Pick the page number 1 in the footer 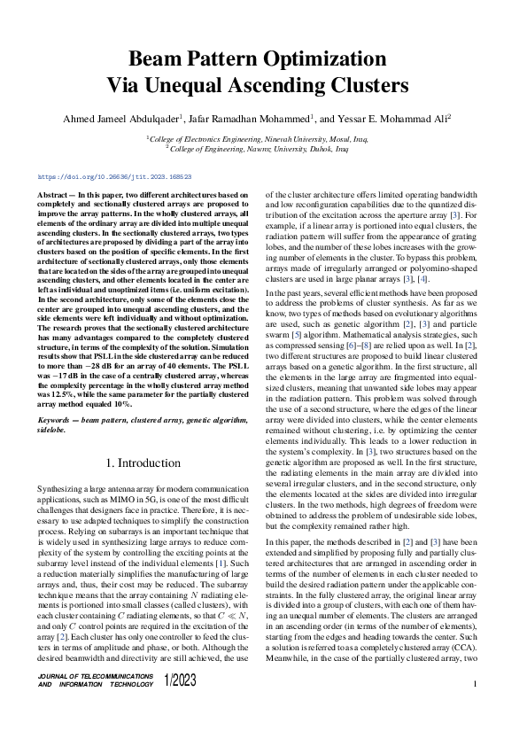tap(476, 684)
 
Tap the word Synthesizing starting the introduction tap(60, 490)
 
